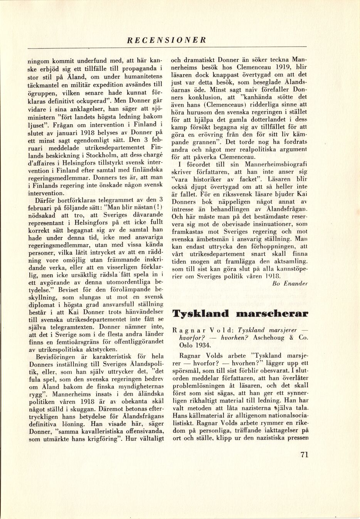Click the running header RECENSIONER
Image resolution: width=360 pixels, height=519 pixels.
[x=167, y=40]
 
